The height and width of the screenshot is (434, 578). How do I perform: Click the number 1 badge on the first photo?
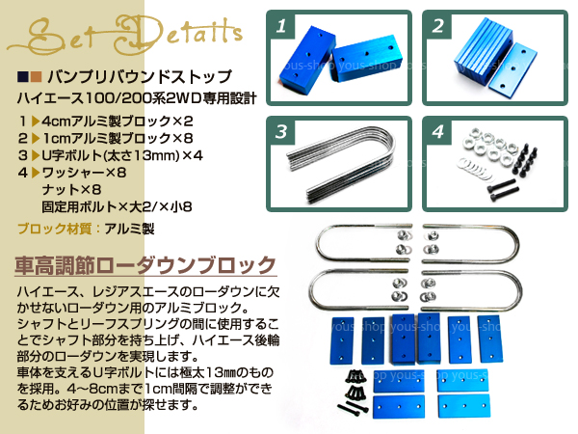(282, 26)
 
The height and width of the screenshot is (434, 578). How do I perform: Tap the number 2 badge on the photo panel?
(438, 26)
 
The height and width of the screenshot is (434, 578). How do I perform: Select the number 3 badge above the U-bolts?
(282, 132)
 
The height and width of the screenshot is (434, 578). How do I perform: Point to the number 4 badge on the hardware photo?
(438, 132)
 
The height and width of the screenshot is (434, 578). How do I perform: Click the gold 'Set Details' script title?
(125, 36)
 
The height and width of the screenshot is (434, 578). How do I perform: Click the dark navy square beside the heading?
(23, 77)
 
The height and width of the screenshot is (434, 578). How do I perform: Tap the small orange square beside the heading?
(36, 77)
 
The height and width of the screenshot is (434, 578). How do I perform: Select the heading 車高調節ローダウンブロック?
(145, 265)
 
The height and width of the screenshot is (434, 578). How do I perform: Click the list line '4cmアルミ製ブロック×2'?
(118, 122)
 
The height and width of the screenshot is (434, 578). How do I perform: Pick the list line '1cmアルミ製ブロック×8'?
(118, 138)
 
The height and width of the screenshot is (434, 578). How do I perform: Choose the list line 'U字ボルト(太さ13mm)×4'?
(122, 155)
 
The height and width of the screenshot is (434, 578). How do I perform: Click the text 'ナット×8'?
(71, 189)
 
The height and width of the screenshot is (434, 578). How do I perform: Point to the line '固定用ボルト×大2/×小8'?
(117, 206)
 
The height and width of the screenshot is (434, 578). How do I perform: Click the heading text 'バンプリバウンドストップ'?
(140, 77)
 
